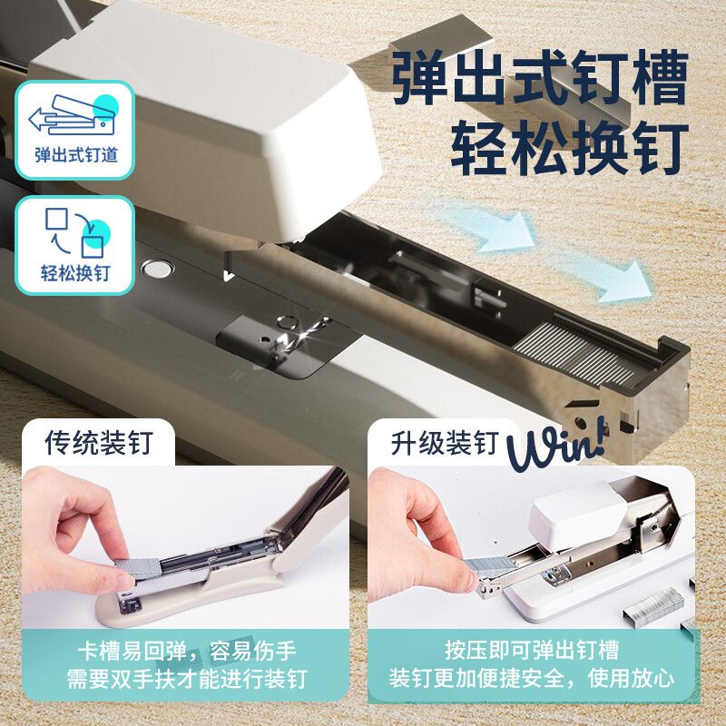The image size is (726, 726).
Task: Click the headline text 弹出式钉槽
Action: [539, 80]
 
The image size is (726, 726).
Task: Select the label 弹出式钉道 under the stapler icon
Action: [76, 154]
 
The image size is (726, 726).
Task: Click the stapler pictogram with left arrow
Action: [74, 115]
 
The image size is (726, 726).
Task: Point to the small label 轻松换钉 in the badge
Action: [76, 272]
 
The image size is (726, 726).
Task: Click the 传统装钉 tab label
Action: [99, 444]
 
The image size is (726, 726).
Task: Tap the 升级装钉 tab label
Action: [445, 444]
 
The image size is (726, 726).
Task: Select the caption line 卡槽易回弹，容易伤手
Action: [187, 651]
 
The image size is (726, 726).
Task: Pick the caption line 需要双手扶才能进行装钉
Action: [187, 679]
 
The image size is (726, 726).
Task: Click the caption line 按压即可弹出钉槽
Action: [532, 651]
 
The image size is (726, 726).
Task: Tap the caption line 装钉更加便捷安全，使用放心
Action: [532, 679]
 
